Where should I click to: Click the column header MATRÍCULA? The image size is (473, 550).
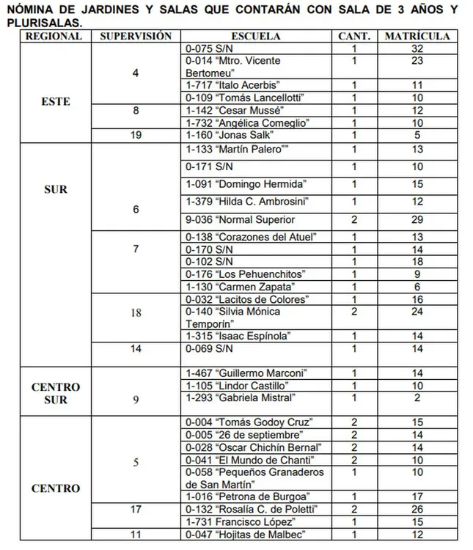point(417,36)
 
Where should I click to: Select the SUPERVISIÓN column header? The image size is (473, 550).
point(136,36)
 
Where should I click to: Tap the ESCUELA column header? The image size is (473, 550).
point(254,36)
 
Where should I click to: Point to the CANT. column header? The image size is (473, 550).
point(354,36)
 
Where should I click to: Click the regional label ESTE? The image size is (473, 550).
point(56,102)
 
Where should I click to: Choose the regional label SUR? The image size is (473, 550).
point(56,189)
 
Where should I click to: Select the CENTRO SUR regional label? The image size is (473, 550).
point(56,393)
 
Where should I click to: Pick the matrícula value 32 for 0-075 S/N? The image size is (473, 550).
point(418,48)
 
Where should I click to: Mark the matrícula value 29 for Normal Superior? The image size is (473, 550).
point(418,219)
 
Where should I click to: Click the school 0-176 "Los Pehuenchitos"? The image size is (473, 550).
point(235,274)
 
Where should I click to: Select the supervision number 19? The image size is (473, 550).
point(136,136)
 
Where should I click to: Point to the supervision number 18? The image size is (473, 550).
point(136,312)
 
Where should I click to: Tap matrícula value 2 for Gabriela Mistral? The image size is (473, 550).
point(418,398)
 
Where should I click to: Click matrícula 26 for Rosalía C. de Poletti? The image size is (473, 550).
point(418,509)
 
